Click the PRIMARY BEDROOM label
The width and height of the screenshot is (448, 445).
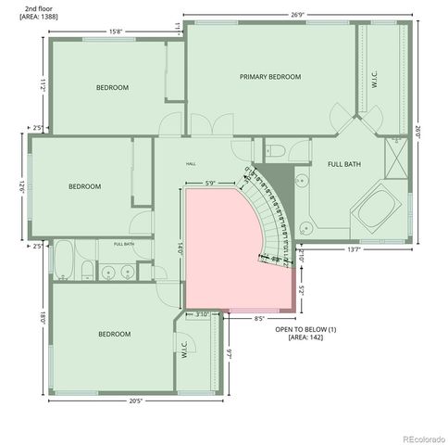270,77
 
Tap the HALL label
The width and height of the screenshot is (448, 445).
191,164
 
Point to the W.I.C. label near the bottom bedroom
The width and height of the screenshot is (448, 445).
184,352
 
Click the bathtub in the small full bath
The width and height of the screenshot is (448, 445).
64,261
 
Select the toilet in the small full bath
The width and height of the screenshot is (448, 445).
85,271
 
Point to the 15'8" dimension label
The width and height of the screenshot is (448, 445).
117,32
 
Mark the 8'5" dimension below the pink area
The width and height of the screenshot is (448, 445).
259,318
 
